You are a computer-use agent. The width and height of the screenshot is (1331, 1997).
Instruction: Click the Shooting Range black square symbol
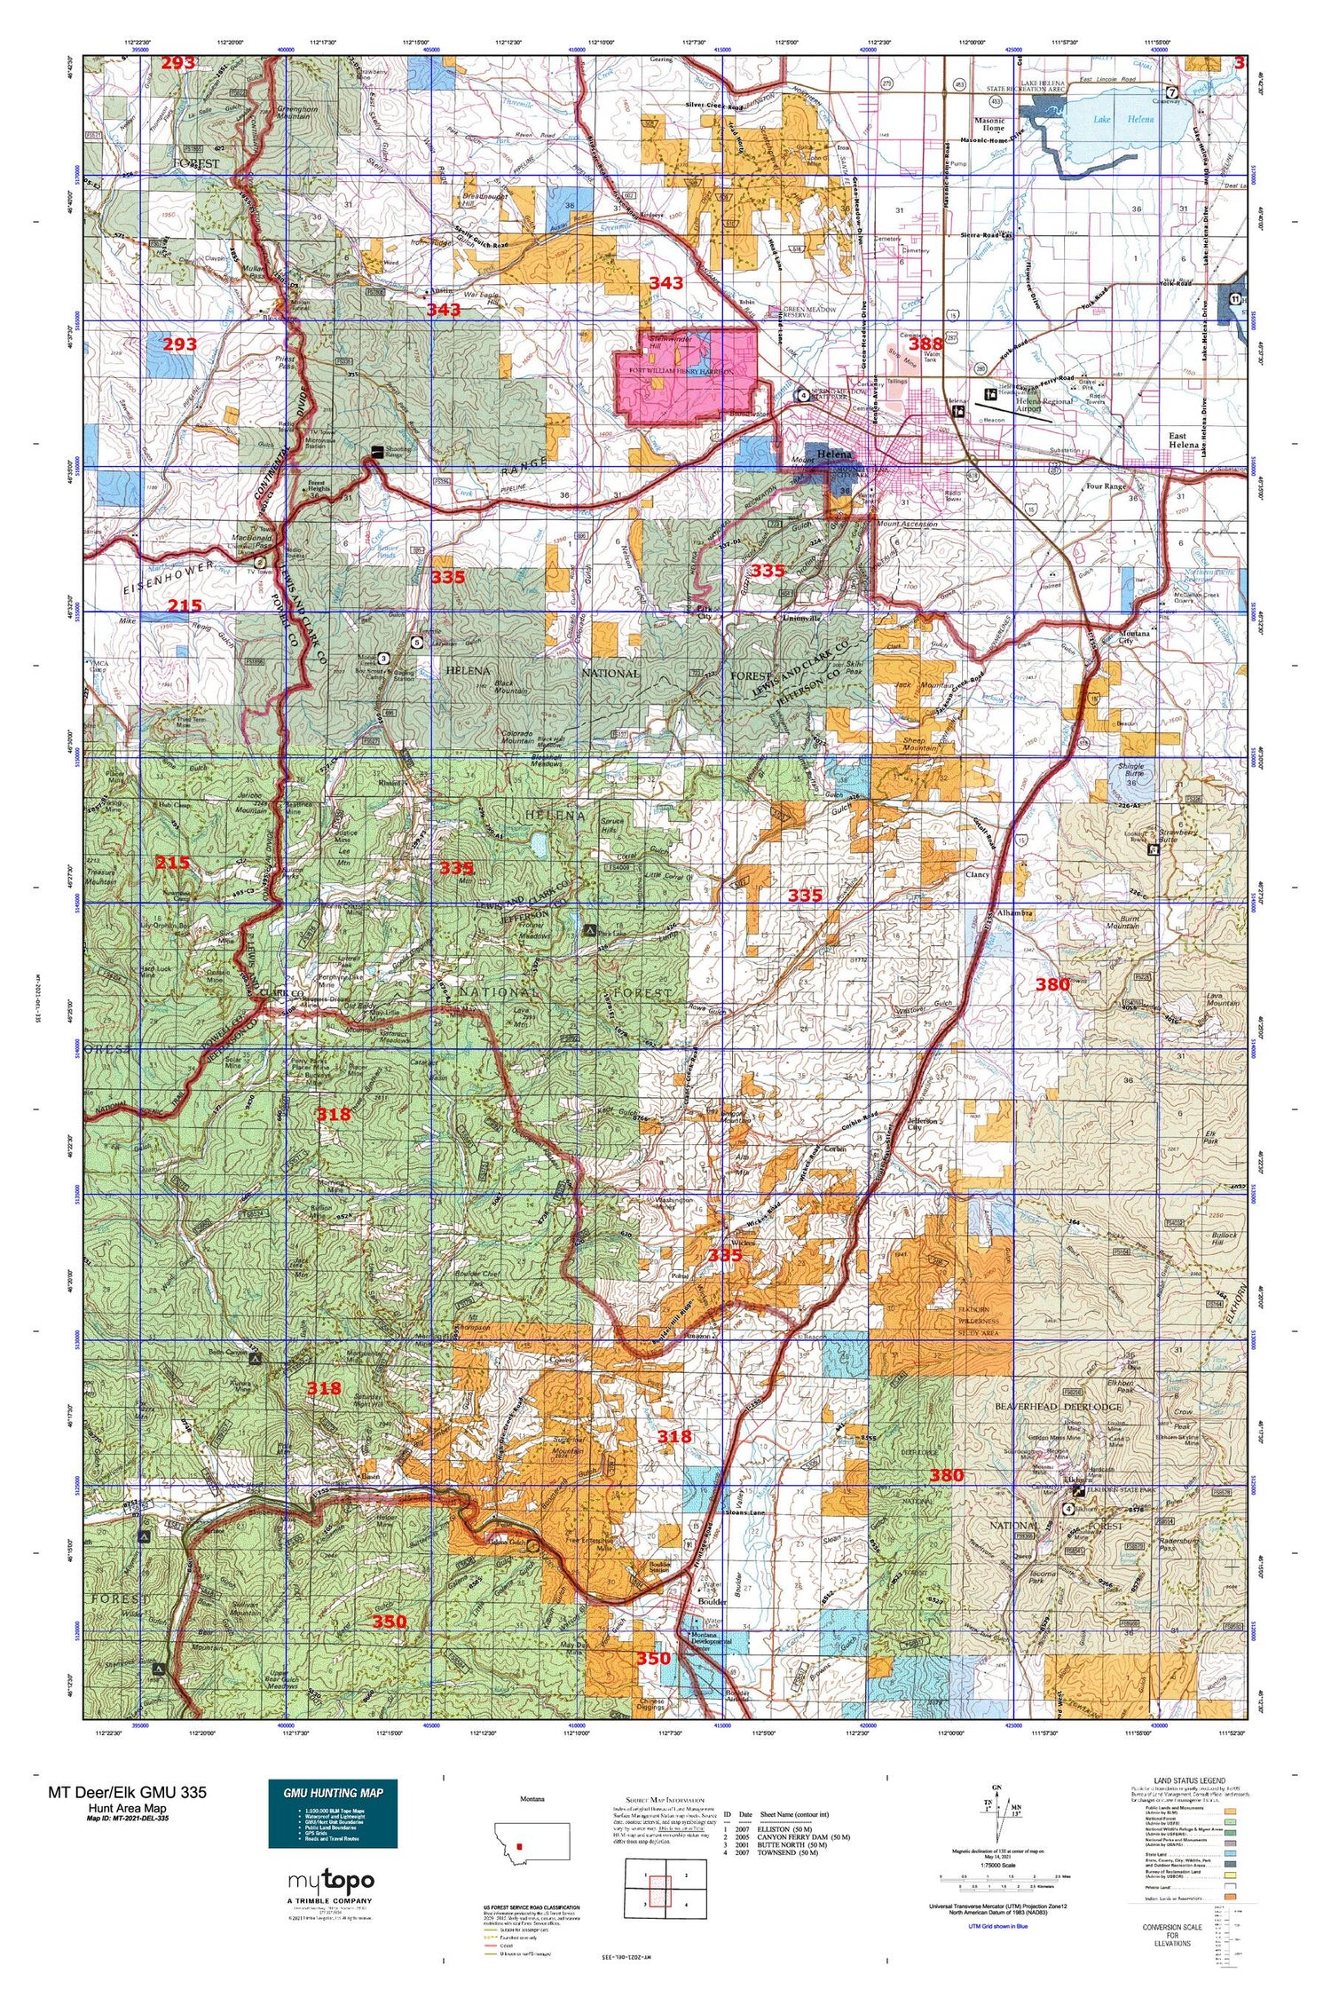(377, 451)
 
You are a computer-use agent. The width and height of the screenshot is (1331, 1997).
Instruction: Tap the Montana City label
(1133, 636)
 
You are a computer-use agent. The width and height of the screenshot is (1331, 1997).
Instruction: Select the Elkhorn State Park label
(1119, 1486)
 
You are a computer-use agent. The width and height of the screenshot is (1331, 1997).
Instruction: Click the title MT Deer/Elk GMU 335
(127, 1792)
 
